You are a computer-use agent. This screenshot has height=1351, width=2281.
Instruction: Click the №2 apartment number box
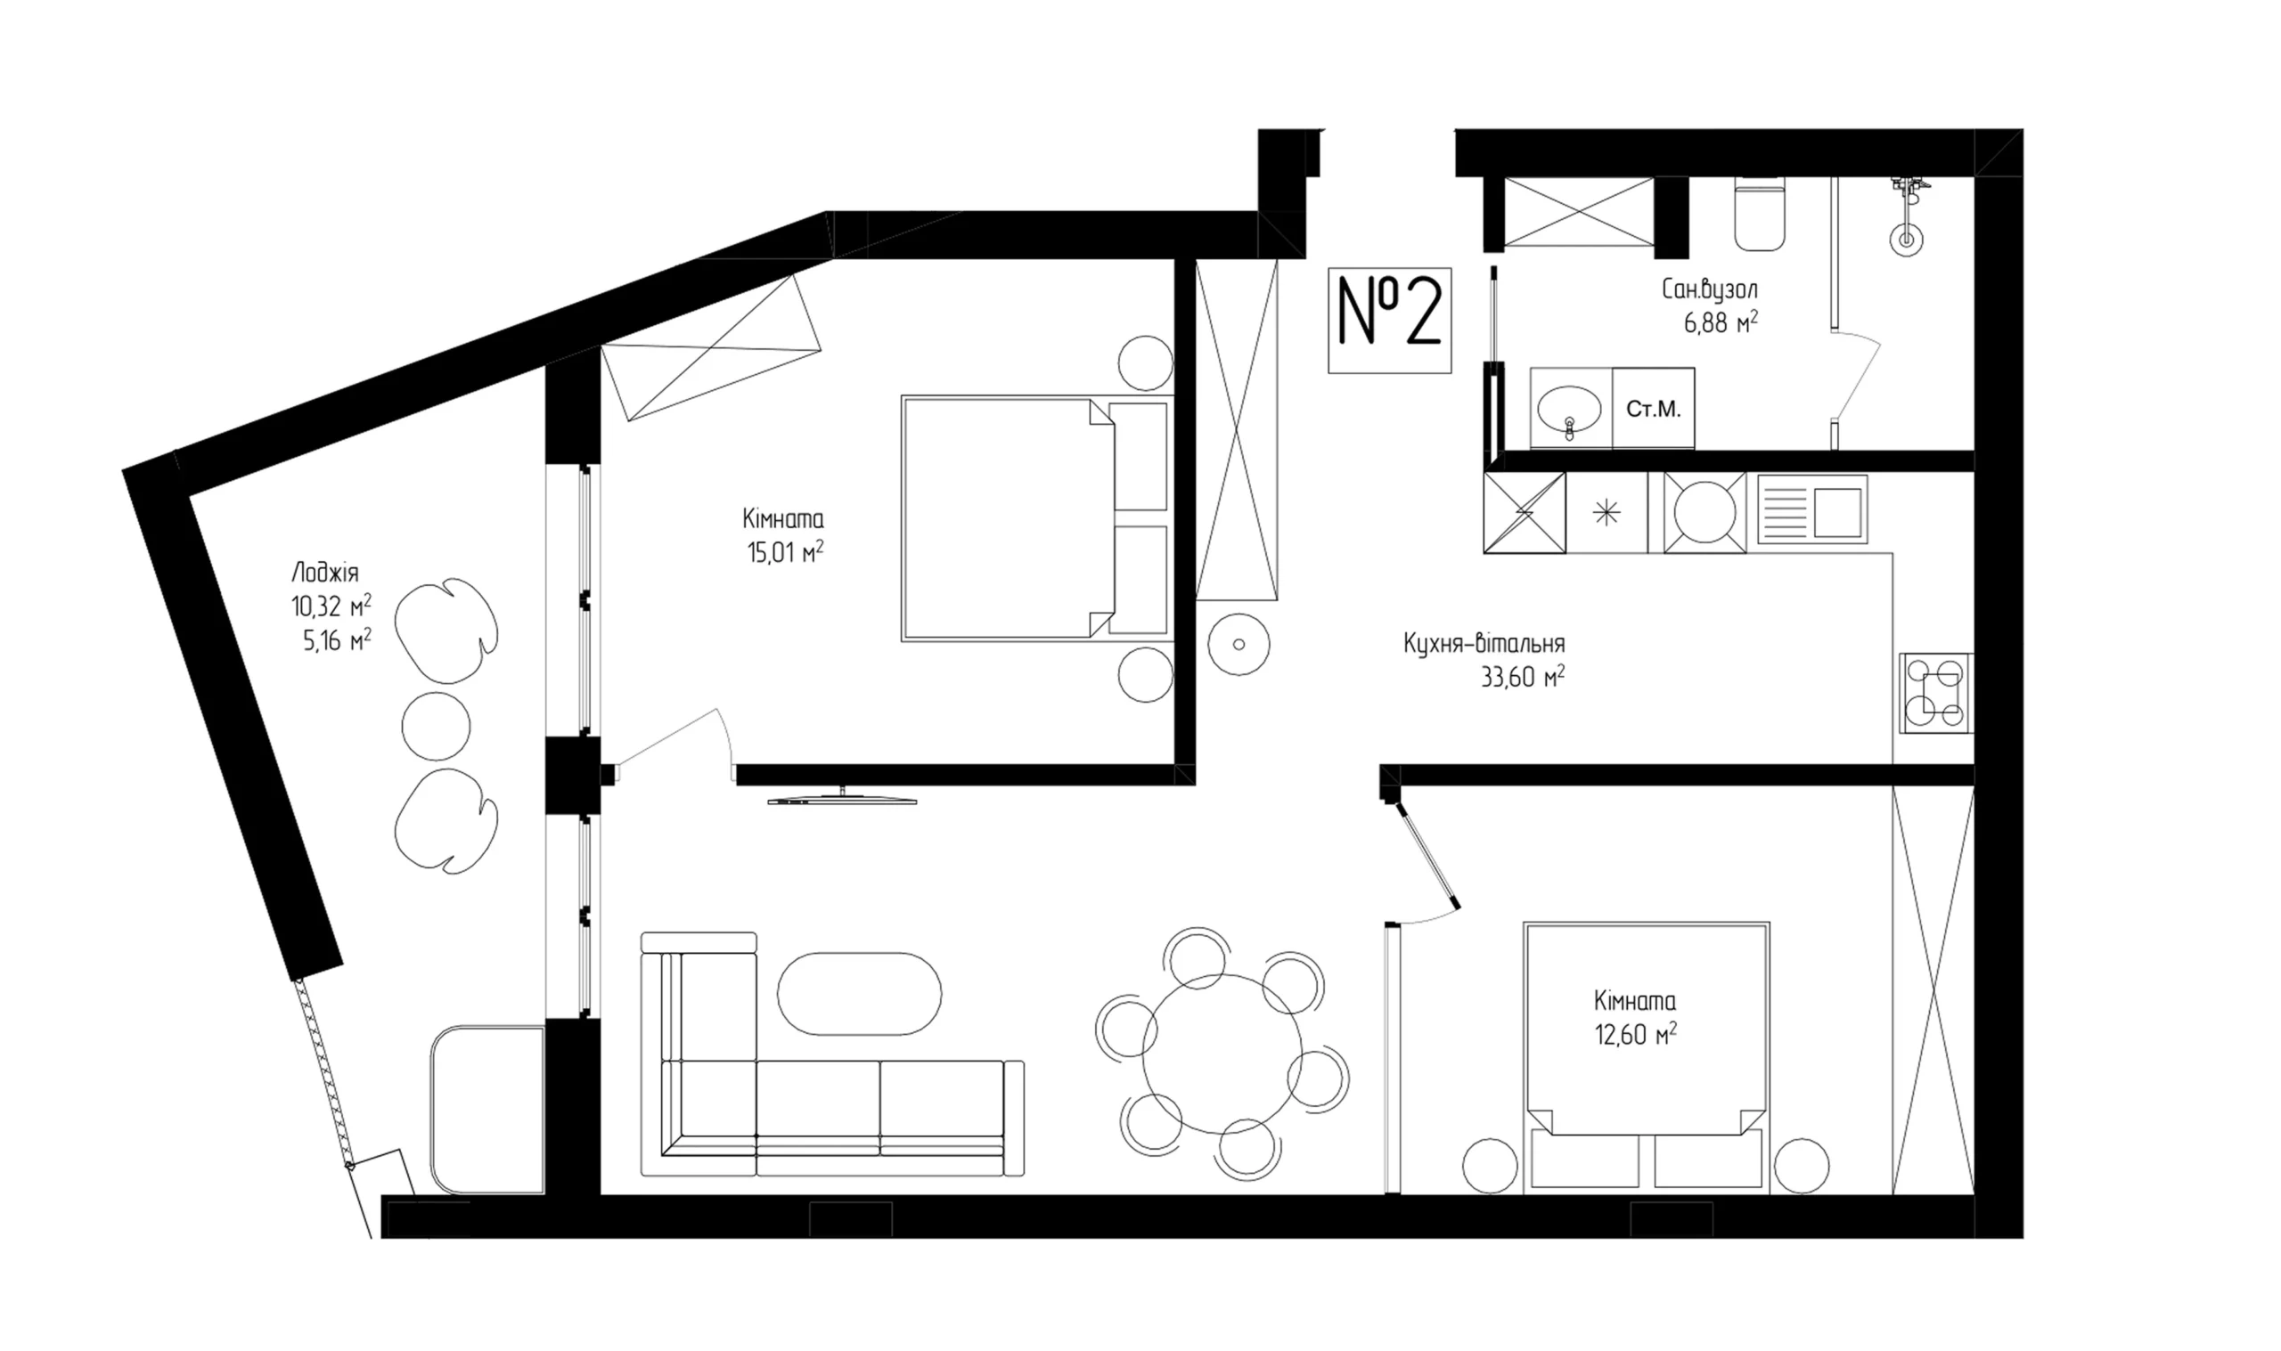click(x=1390, y=321)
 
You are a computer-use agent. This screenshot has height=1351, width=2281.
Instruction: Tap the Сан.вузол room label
click(x=1709, y=289)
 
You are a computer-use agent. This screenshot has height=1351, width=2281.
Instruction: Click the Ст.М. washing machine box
click(x=1653, y=408)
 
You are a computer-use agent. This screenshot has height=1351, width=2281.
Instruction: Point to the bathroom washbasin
click(x=1570, y=411)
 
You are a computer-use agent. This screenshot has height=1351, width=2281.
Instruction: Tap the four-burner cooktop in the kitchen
click(x=1936, y=693)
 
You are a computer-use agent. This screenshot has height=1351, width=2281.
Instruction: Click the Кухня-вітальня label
click(x=1484, y=644)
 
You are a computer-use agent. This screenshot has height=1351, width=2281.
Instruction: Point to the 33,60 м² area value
click(x=1523, y=679)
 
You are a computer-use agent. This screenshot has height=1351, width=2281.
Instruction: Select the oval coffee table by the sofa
click(x=860, y=993)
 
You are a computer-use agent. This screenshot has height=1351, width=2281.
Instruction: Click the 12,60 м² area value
click(x=1636, y=1036)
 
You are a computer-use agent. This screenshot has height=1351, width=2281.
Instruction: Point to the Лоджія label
click(x=325, y=573)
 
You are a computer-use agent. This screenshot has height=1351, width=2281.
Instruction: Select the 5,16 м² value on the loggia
click(x=337, y=641)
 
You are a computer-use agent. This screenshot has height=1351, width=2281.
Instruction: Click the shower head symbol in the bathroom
click(x=1906, y=240)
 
